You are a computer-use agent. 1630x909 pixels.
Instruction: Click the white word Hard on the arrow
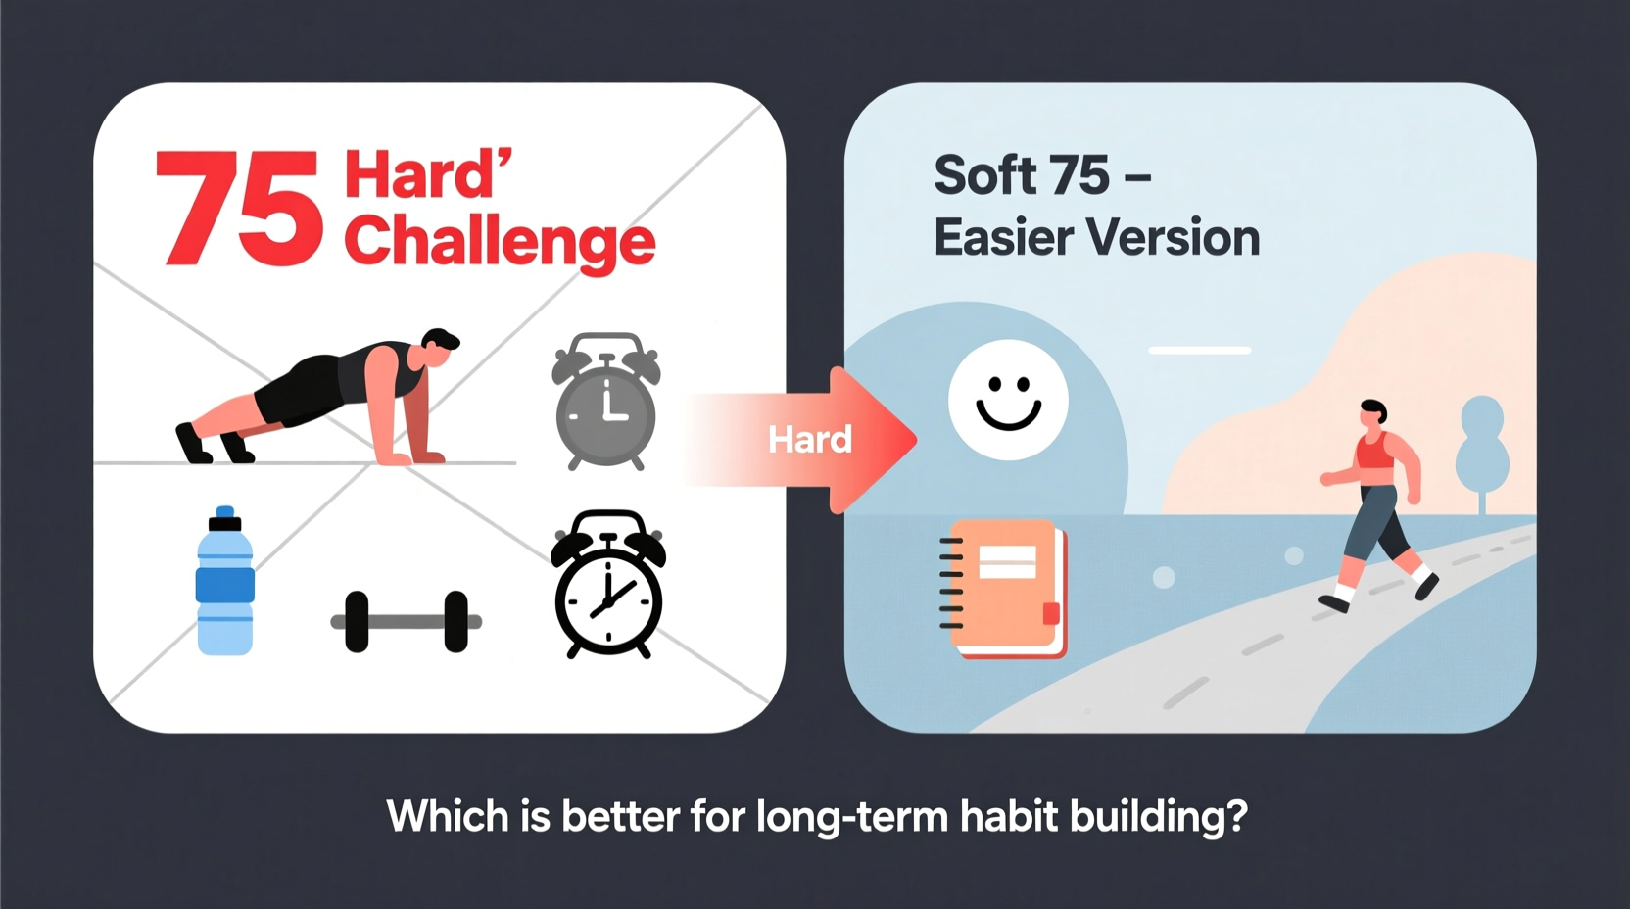(810, 440)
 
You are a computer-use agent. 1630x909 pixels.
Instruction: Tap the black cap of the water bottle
(225, 518)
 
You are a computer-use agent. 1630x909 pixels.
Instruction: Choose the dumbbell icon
(407, 621)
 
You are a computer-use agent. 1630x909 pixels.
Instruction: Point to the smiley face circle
(1008, 400)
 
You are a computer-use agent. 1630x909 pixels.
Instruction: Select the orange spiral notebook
(1005, 588)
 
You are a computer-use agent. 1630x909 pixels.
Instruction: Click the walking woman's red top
(1374, 452)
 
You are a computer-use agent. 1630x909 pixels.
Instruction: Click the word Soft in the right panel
(985, 175)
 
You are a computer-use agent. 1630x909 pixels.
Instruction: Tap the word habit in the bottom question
(1009, 816)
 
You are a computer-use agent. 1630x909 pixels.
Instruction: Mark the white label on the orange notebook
(1008, 562)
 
